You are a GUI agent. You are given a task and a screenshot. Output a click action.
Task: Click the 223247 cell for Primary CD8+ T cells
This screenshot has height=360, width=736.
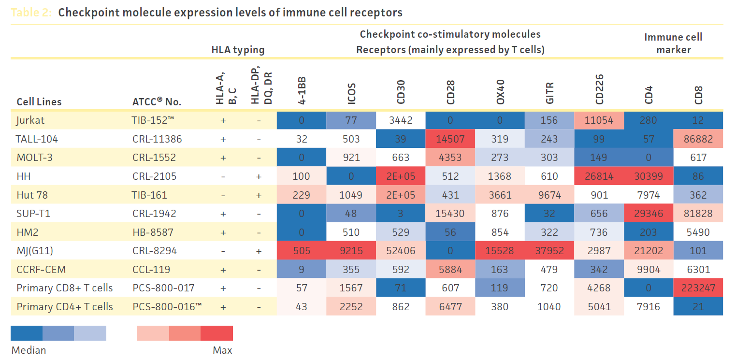pos(698,288)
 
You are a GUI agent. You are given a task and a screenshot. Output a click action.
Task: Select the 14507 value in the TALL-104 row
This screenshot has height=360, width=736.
pos(450,139)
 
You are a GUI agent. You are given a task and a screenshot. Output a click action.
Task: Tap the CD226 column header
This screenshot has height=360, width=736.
pos(599,89)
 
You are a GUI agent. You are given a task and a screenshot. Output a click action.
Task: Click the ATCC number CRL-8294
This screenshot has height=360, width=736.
pos(155,251)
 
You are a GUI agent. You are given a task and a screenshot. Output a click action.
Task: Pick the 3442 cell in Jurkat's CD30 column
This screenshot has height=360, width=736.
pos(401,120)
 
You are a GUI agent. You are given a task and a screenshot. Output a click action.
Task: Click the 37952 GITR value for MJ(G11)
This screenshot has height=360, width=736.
pos(549,251)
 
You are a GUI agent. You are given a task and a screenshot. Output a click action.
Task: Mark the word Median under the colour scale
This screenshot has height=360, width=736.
pos(29,350)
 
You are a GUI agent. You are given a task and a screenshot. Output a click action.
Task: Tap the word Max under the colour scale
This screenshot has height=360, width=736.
pos(222,350)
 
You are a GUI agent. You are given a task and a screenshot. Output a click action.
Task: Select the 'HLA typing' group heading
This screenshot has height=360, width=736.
pos(238,49)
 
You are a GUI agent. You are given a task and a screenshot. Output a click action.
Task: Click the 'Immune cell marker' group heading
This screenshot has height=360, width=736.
pos(674,43)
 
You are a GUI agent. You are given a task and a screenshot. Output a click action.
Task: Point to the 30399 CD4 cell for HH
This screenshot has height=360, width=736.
pos(649,176)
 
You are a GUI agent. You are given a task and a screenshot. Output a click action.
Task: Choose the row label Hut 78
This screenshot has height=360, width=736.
pos(32,195)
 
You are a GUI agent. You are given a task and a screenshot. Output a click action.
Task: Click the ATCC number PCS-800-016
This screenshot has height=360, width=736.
pos(163,307)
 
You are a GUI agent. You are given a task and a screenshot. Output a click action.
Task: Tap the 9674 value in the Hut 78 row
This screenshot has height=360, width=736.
pos(549,195)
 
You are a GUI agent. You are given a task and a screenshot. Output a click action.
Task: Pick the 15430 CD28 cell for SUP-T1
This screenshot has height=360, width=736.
pos(450,214)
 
